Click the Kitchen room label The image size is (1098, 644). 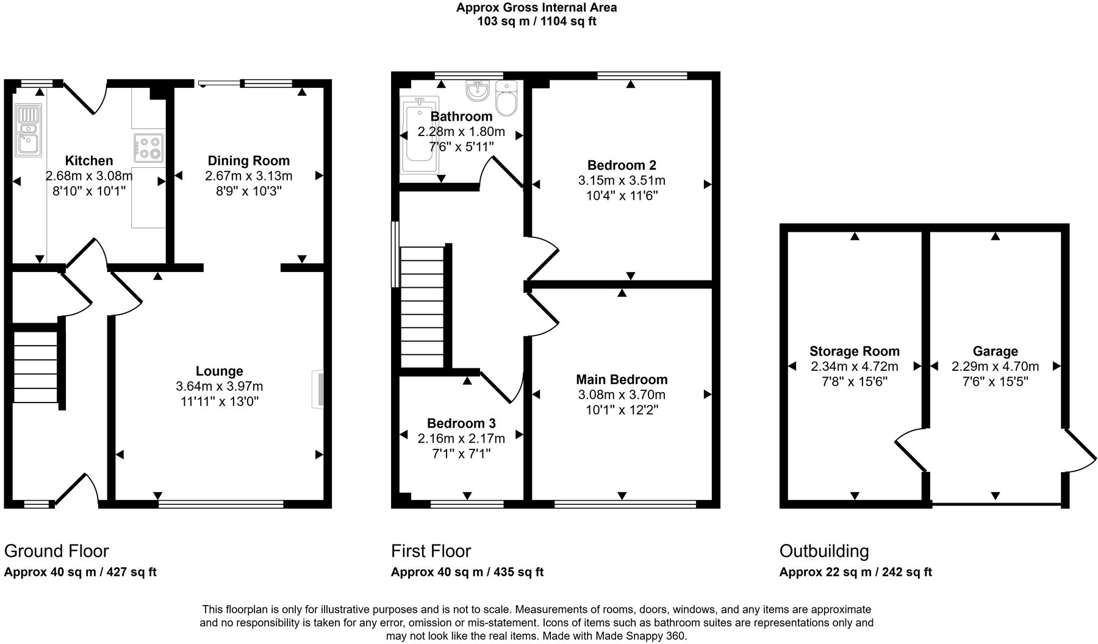tap(89, 160)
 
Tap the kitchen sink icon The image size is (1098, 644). tap(28, 130)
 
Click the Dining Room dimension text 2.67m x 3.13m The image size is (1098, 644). tap(248, 176)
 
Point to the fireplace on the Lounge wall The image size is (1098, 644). tap(318, 389)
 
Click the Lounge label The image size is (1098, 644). tap(220, 371)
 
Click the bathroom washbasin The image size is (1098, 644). tap(478, 91)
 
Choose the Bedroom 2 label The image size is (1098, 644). tap(622, 165)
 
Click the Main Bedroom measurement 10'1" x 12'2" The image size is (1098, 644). tap(622, 410)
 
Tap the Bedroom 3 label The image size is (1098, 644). tap(461, 423)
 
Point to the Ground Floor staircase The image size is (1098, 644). tap(37, 367)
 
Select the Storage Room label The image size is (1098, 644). tap(854, 351)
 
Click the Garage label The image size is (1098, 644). tap(995, 351)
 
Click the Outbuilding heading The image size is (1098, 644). tap(824, 551)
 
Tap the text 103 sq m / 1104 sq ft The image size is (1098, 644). tap(536, 22)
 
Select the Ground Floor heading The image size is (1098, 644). tap(56, 551)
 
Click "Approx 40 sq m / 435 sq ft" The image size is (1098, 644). tap(467, 572)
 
